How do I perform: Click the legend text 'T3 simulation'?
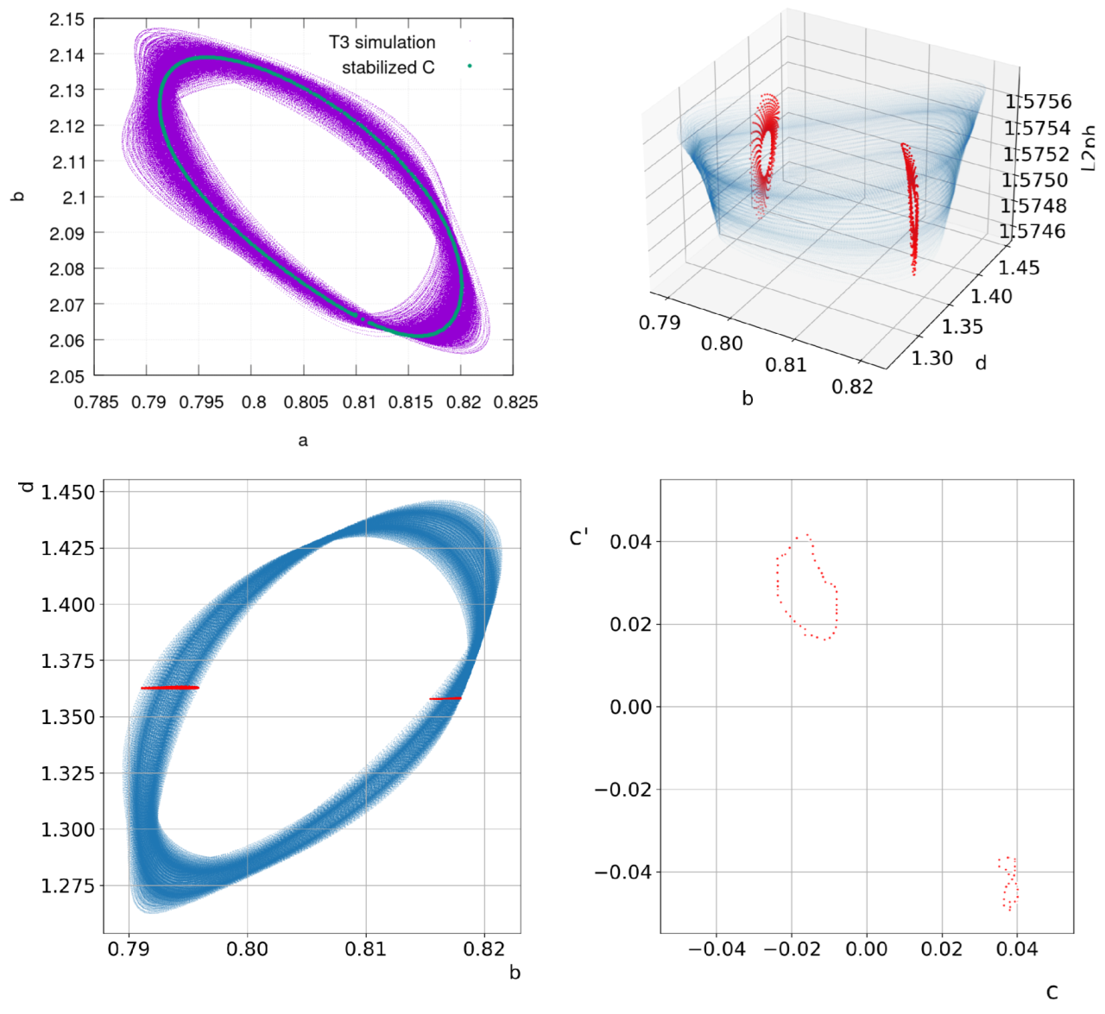[x=382, y=42]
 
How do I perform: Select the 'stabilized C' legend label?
[x=388, y=67]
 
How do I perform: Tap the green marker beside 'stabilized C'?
[x=470, y=66]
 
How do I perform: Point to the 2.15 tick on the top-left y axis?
[x=67, y=19]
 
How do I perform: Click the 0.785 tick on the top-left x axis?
[x=96, y=402]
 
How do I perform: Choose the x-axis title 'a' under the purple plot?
[x=303, y=441]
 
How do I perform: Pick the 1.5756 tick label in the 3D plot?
[x=1038, y=102]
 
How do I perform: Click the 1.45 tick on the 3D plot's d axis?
[x=1019, y=268]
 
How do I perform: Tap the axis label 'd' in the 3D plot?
[x=981, y=363]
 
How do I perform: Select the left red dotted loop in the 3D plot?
[x=765, y=147]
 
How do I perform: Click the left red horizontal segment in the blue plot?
[x=170, y=688]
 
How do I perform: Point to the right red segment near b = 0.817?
[x=445, y=698]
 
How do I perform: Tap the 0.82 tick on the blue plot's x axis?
[x=483, y=949]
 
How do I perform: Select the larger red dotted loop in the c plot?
[x=806, y=587]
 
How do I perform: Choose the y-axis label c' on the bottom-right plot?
[x=579, y=537]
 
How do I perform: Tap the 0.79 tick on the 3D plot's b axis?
[x=660, y=323]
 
